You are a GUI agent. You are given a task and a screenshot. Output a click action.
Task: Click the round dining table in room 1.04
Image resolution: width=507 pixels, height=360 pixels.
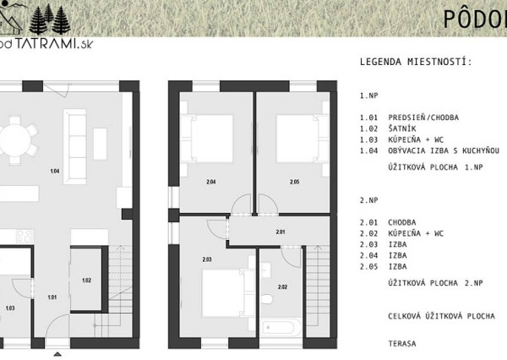point(13,139)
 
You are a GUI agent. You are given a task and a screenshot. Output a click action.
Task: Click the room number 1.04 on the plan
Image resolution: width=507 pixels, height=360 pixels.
point(55,172)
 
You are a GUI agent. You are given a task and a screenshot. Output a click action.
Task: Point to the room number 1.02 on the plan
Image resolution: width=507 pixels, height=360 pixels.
point(86,280)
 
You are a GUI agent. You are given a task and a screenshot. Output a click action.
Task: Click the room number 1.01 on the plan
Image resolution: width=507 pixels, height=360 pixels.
point(52,297)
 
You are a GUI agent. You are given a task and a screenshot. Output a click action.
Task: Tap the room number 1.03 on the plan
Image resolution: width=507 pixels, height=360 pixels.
point(9,308)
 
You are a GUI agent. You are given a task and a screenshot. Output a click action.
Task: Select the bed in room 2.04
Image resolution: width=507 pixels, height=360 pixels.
point(207,139)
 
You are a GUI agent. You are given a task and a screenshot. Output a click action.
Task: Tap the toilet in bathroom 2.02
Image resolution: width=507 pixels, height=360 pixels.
point(266,298)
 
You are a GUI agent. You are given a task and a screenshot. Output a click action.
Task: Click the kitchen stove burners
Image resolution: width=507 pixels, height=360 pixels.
point(23,234)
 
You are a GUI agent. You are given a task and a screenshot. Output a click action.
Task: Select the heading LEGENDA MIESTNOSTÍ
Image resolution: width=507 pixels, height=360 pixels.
point(416,62)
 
